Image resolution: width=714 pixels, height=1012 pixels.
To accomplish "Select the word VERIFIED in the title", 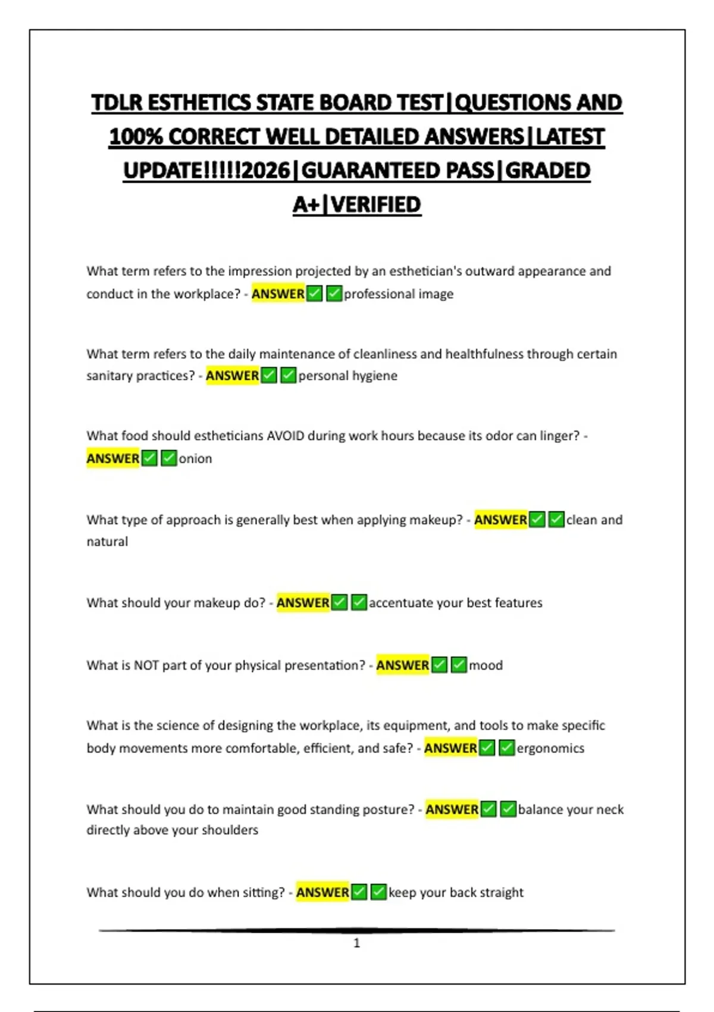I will point(376,205).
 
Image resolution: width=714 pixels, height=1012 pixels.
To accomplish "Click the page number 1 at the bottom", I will point(356,943).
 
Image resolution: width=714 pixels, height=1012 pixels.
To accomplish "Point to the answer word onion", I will point(195,458).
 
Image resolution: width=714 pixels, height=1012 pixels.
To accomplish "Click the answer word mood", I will point(486,665).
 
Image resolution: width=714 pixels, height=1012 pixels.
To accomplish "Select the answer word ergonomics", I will point(550,748).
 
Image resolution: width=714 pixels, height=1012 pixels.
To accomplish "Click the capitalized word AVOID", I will point(285,436).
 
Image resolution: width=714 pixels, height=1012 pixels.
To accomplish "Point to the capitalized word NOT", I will point(146,665).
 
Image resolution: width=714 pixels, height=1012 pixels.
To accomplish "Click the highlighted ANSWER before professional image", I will point(278,294).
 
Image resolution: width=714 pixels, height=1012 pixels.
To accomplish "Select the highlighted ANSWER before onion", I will point(112,458).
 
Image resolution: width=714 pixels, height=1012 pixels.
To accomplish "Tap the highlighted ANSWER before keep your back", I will point(322,892).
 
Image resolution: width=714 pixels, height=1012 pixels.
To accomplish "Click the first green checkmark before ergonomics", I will point(487,748).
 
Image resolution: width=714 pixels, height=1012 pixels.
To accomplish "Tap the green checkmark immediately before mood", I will point(459,665).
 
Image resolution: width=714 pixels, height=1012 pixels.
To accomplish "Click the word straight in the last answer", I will point(501,892).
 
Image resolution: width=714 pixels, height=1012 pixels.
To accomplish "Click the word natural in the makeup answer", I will point(107,542).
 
